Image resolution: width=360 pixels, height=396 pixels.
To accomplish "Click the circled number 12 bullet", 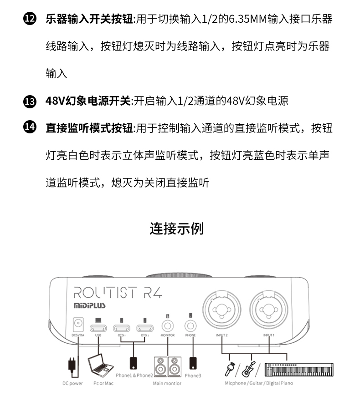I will click(29, 20).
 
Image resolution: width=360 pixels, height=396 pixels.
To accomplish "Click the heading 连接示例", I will click(177, 228).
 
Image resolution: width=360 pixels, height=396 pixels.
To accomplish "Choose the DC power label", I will click(72, 383).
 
